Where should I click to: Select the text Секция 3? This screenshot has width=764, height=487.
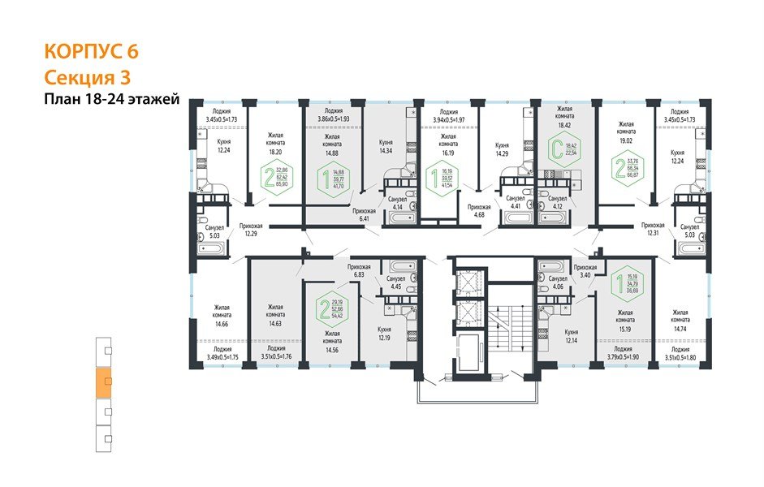point(87,77)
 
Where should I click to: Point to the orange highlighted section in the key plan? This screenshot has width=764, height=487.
point(102,381)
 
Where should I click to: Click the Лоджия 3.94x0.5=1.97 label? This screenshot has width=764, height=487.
point(449,117)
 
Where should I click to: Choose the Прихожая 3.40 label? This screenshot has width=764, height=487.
point(585,272)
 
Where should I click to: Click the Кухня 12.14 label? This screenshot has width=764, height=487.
point(571,337)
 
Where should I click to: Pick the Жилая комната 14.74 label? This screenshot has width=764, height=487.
point(680,317)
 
